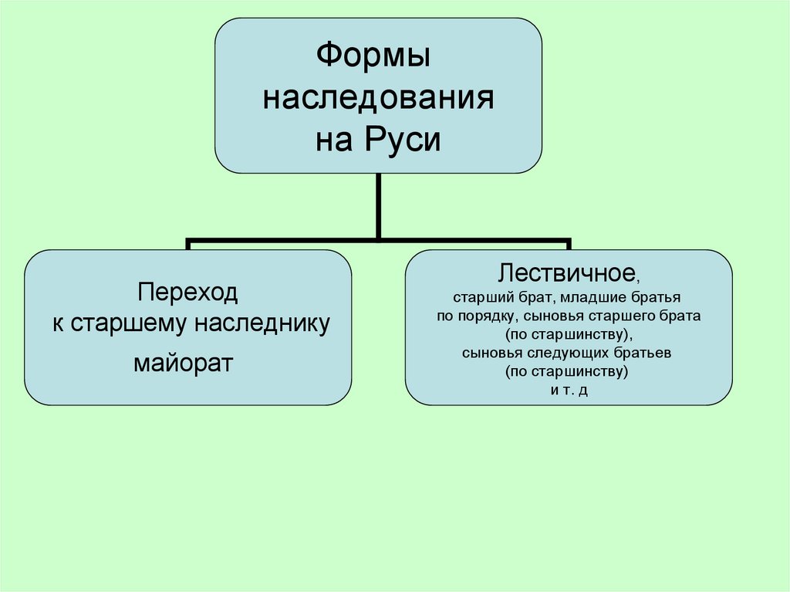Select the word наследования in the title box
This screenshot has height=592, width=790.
(378, 100)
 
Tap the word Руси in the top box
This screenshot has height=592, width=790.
(410, 141)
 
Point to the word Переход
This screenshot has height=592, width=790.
(188, 293)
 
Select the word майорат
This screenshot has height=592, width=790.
(183, 362)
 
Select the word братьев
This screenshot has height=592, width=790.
(646, 353)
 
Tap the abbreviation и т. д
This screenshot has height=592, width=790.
(569, 390)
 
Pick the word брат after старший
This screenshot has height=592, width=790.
(532, 296)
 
